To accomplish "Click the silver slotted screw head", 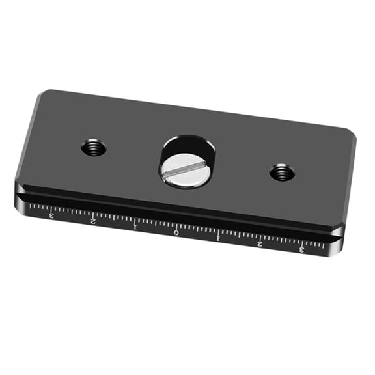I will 182,170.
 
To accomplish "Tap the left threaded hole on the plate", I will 94,148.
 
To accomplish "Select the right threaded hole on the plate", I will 282,173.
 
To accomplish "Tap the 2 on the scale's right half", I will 260,243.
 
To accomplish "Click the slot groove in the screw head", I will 182,171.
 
